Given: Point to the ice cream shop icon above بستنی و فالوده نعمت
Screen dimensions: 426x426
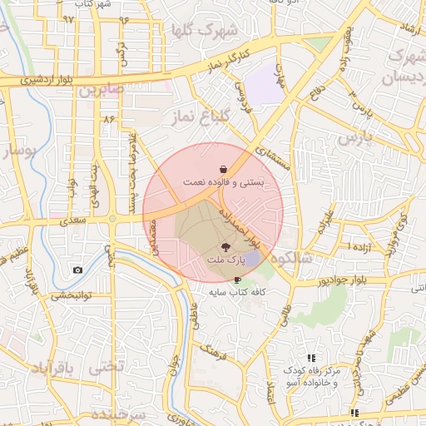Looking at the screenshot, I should coord(225,169).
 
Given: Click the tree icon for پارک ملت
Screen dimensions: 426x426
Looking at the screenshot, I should coord(225,247).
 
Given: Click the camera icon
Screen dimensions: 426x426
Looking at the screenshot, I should coord(78,270).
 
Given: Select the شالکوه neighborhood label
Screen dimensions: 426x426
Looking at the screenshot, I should coord(309,259).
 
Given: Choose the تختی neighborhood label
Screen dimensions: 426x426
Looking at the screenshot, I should coord(106,366).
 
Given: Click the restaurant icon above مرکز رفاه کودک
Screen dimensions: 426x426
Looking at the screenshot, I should coord(311,358).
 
